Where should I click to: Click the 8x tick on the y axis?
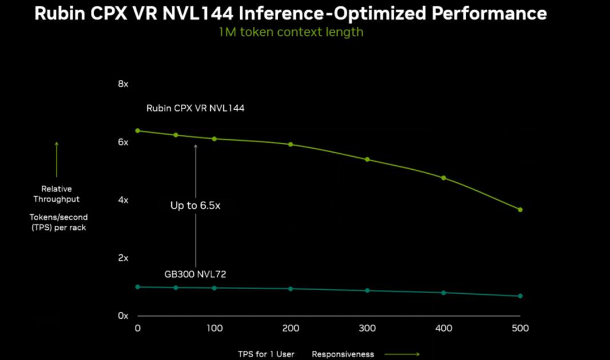[123, 84]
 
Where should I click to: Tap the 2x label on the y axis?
[123, 258]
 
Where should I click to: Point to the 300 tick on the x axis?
[367, 328]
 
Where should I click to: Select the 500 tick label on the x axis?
[520, 328]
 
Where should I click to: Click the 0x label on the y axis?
[123, 315]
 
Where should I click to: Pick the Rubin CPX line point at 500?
[520, 210]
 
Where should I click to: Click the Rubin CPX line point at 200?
[291, 145]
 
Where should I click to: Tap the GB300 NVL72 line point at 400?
[444, 293]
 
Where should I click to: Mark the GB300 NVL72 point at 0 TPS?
[138, 287]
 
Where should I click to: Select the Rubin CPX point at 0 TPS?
[138, 131]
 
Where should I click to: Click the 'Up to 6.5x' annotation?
[195, 206]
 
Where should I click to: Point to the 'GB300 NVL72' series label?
[195, 274]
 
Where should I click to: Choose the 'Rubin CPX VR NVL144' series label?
[195, 107]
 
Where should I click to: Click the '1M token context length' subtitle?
[291, 32]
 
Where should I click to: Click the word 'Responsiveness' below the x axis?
[343, 354]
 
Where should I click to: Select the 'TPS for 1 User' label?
[266, 354]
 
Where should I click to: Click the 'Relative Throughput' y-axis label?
[57, 194]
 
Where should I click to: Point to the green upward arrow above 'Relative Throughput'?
[57, 159]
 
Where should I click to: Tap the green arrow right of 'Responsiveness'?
[402, 354]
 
